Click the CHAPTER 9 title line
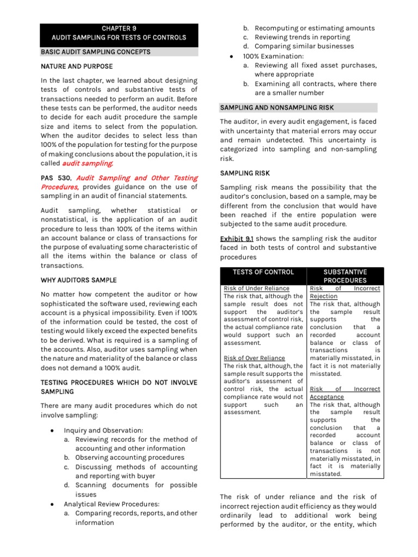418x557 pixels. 119,28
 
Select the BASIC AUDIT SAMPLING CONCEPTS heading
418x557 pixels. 96,52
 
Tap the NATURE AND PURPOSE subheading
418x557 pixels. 77,66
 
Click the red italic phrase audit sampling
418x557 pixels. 88,163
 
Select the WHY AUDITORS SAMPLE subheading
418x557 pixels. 78,280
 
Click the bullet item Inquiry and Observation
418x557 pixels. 103,430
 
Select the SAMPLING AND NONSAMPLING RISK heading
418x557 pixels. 276,108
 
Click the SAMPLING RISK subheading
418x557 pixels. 244,173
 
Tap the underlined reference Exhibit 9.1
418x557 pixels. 236,238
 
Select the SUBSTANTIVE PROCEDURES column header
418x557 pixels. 345,276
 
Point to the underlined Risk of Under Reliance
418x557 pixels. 256,288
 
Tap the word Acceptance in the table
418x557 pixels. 327,397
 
